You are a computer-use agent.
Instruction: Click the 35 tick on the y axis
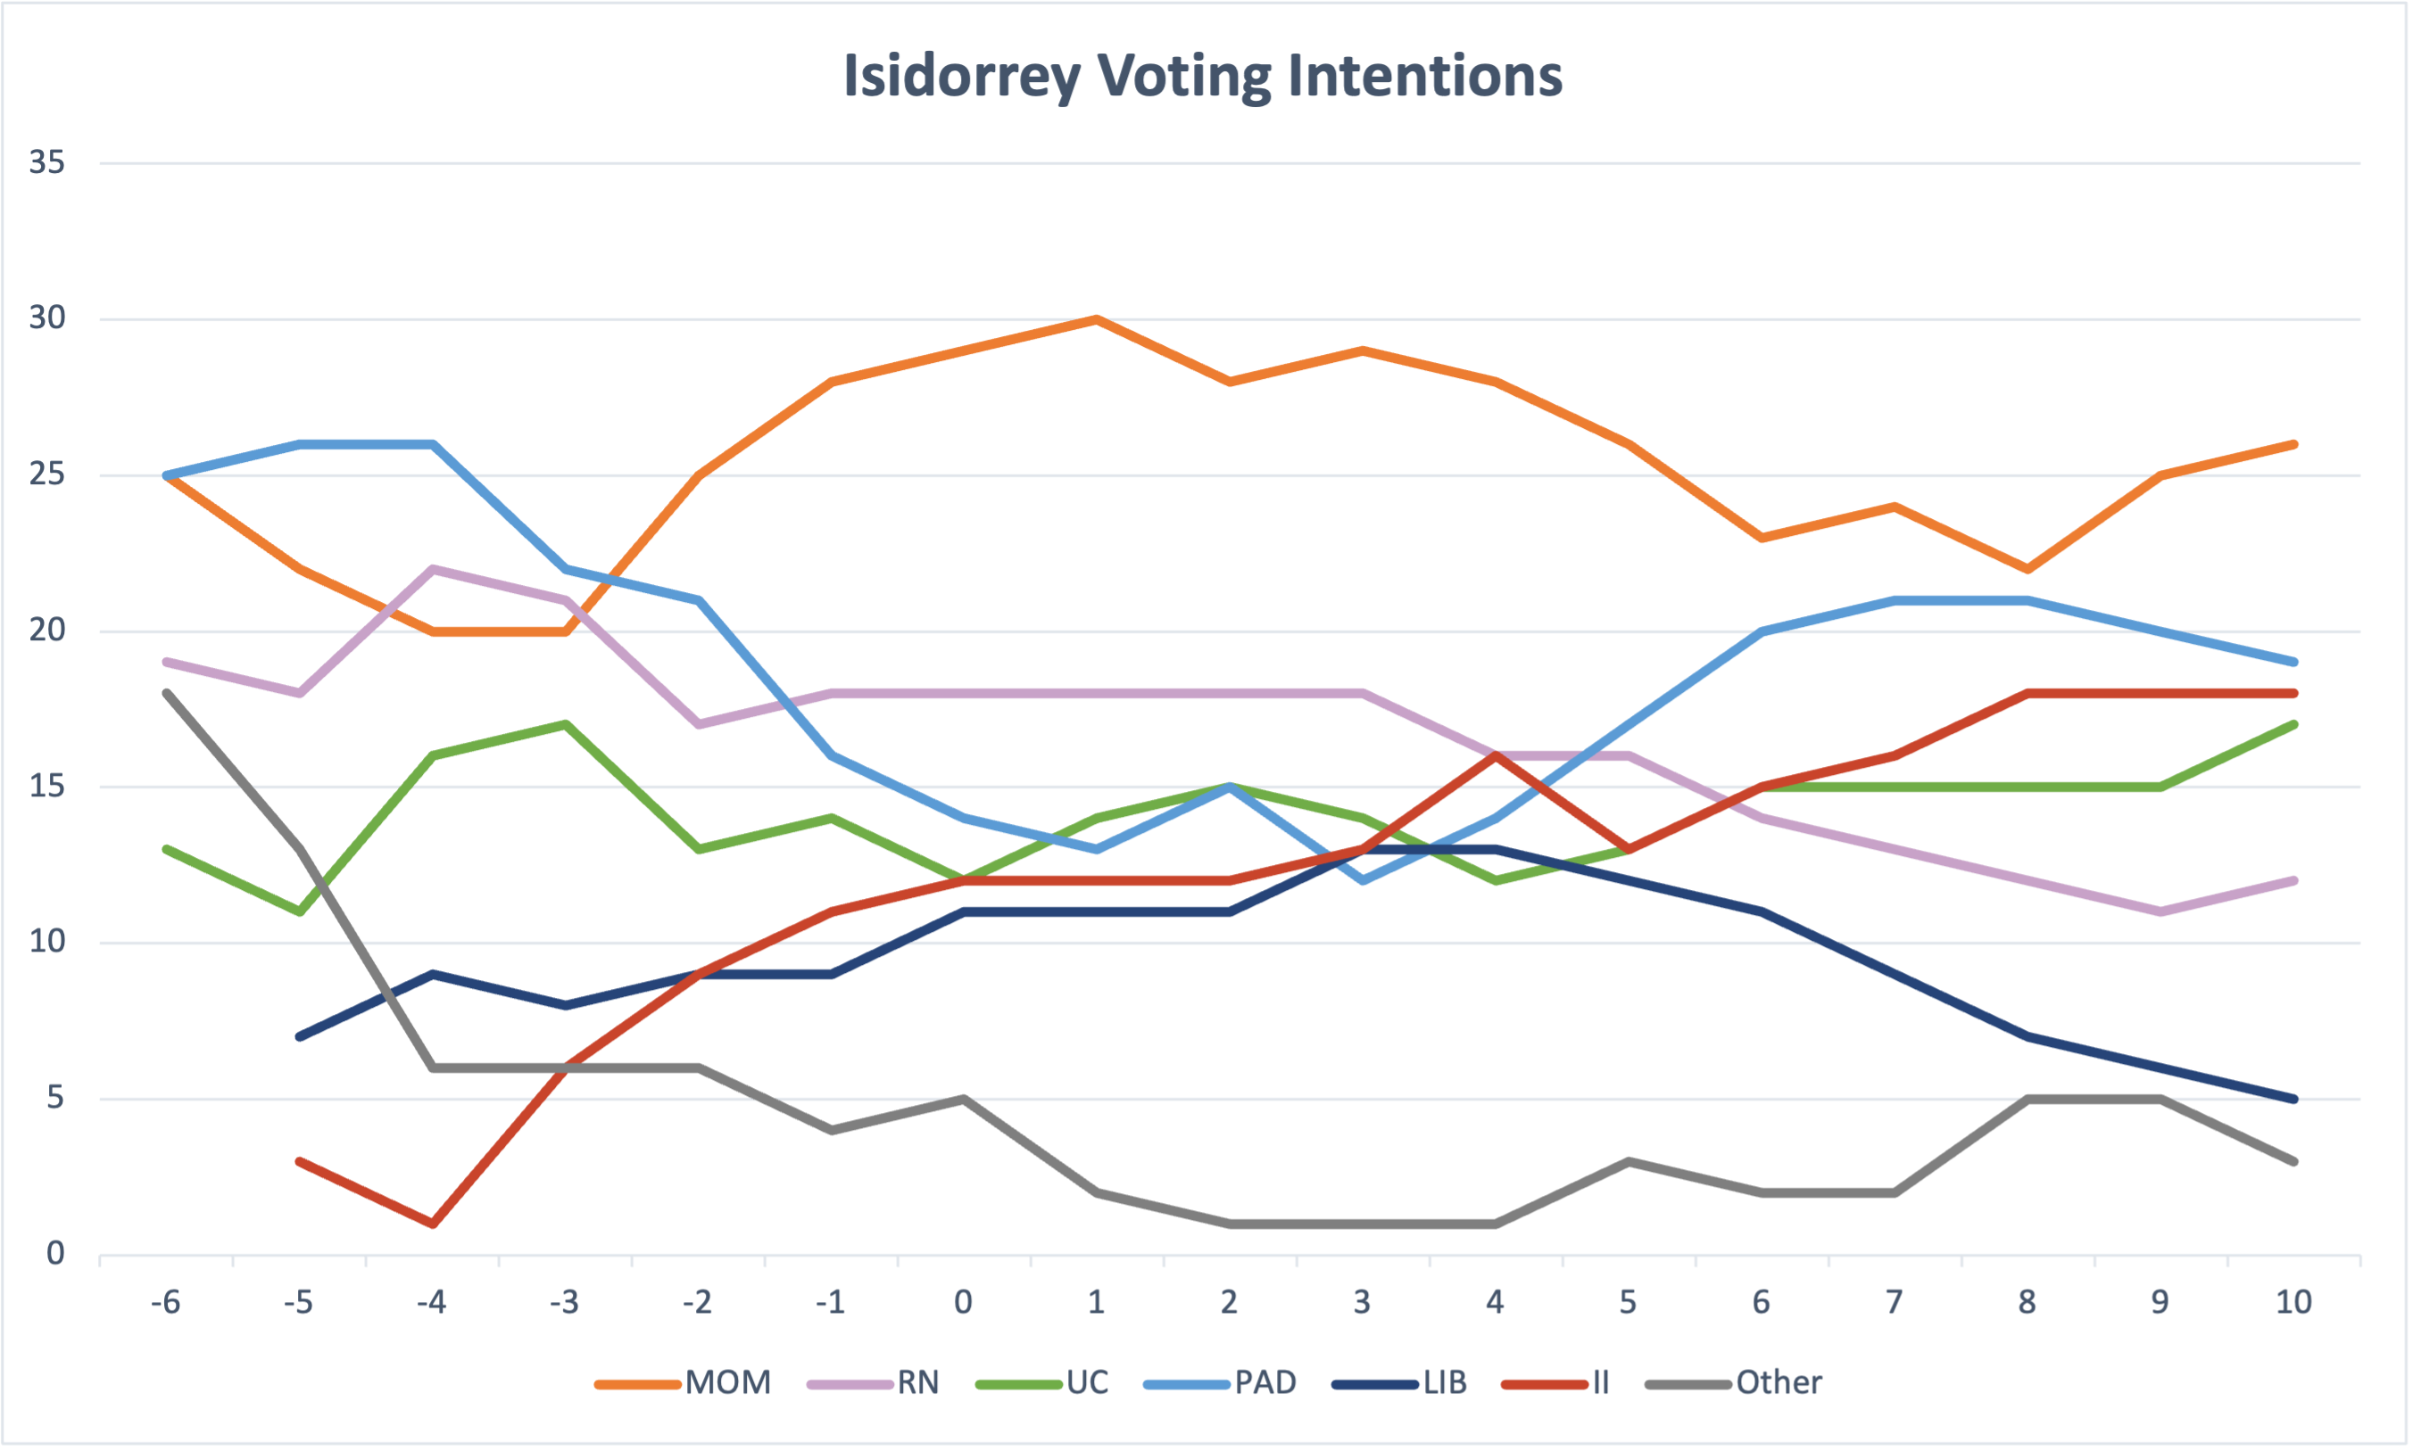coord(47,162)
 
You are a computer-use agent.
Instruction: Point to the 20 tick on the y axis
coord(47,630)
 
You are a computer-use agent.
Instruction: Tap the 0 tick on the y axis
coord(55,1254)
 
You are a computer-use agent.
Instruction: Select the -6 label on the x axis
coord(165,1302)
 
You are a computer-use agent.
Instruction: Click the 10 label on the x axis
coord(2293,1302)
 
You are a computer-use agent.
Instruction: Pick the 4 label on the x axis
coord(1496,1302)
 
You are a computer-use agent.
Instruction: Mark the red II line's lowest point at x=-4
coord(432,1224)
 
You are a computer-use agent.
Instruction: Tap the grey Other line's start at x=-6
coord(167,693)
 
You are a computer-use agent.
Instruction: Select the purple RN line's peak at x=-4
coord(432,568)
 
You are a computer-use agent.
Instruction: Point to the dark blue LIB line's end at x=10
coord(2293,1099)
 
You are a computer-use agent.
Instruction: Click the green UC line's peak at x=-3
coord(566,724)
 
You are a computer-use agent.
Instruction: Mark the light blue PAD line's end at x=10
coord(2293,662)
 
